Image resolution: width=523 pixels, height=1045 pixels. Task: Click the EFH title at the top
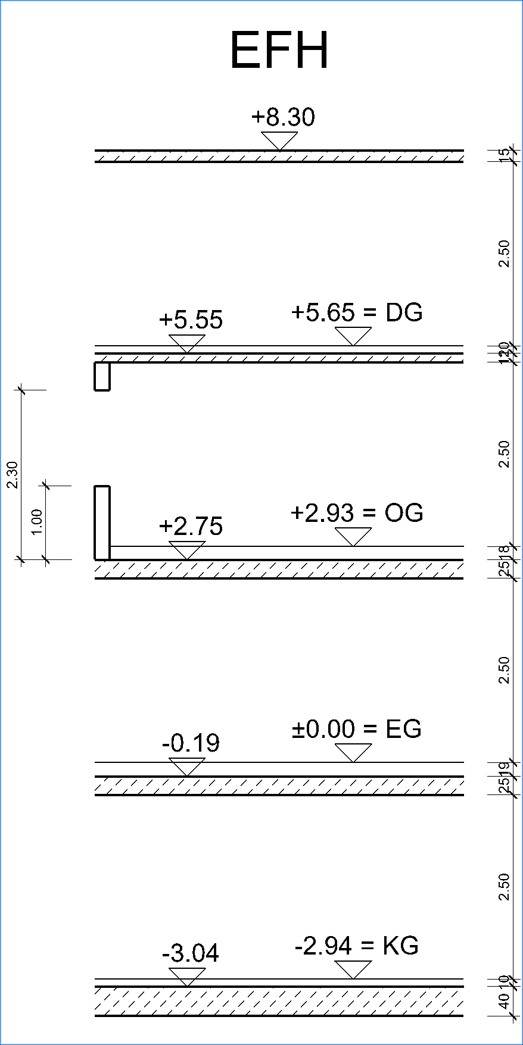pos(279,51)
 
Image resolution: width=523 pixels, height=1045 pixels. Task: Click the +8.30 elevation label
pos(283,117)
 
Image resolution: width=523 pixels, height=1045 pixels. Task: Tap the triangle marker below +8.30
pos(279,140)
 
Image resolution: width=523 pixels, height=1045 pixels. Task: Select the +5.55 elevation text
pos(191,320)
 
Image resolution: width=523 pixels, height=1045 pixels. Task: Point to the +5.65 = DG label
pos(357,312)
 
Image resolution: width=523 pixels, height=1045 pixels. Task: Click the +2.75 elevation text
pos(191,527)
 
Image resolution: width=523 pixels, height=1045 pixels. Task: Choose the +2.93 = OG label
pos(357,513)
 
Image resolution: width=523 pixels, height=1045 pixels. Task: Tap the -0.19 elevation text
pos(191,743)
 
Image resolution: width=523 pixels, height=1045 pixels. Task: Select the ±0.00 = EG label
pos(357,729)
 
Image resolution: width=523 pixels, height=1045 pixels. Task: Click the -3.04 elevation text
pos(191,954)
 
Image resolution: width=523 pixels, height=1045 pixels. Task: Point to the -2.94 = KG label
pos(357,946)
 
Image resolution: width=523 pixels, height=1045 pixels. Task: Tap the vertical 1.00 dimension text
pos(37,522)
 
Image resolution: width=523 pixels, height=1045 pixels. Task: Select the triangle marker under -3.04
pos(187,975)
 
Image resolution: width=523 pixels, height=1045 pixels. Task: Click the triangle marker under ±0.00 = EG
pos(353,752)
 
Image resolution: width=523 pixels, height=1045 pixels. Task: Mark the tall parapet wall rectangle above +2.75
pos(102,522)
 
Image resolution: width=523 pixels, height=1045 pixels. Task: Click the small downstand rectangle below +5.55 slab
pos(102,376)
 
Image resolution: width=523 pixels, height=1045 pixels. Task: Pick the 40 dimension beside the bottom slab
pos(505,1001)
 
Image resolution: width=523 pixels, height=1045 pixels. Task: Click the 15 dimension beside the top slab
pos(505,156)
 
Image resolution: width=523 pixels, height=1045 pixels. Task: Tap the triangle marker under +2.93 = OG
pos(353,536)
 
